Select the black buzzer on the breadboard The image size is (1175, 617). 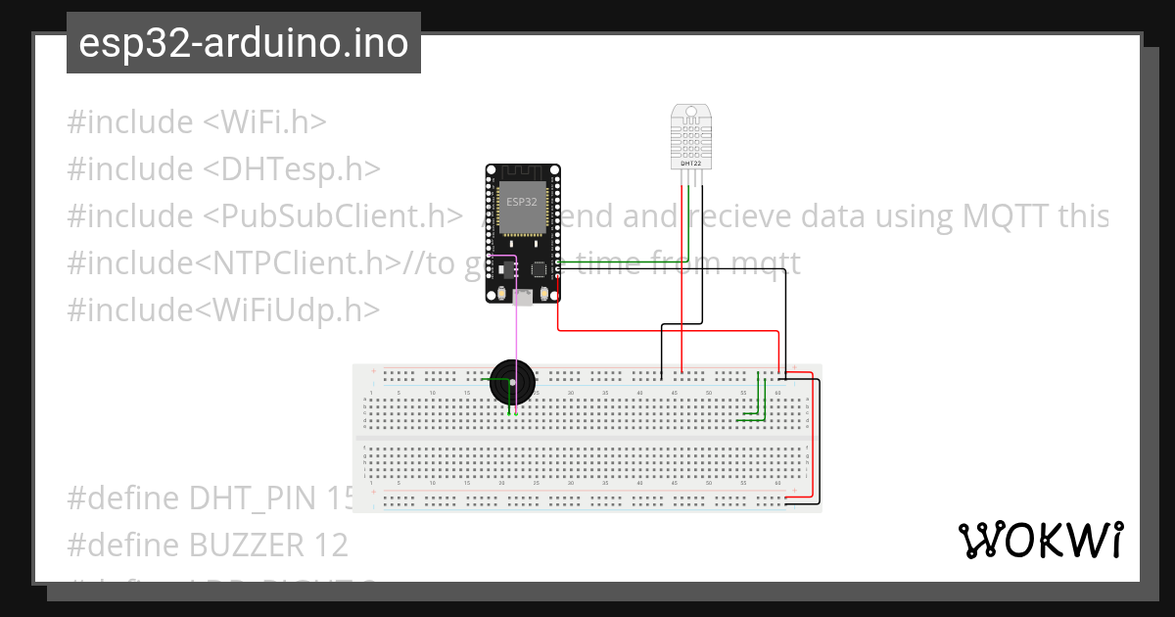click(512, 383)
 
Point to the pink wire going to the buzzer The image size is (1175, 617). click(516, 333)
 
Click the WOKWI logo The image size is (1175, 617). click(1040, 540)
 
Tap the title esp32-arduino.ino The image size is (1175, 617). click(244, 43)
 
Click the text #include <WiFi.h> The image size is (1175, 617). click(196, 122)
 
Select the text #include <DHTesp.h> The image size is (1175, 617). click(223, 169)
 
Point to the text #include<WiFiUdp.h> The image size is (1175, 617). click(223, 310)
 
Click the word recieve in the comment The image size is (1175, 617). click(724, 216)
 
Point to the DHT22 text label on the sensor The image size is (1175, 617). click(690, 163)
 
